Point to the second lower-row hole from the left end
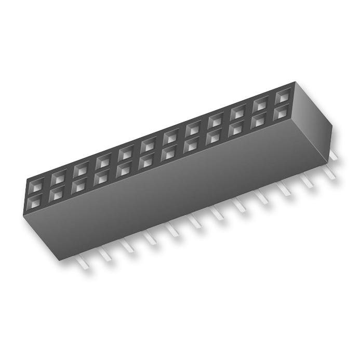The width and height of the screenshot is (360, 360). [59, 192]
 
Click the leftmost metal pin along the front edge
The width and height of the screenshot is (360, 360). [84, 262]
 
